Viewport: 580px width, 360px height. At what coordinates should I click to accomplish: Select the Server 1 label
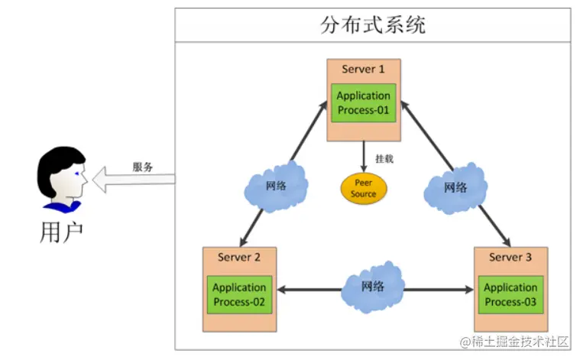point(364,69)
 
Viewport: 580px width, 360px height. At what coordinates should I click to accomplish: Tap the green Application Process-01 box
point(364,103)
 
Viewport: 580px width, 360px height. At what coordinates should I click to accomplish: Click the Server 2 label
point(239,257)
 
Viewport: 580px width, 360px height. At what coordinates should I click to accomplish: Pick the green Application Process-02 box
point(239,294)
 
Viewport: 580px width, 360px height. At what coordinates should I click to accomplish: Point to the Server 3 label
point(510,257)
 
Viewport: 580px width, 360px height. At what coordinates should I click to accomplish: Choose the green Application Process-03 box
point(510,294)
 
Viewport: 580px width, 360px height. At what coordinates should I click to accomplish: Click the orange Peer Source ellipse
point(364,188)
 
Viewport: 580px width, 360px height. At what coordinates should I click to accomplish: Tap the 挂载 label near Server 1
point(384,159)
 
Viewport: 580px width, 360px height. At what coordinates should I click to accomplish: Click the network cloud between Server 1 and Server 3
point(456,186)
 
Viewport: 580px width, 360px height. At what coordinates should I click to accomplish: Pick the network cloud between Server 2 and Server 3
point(373,287)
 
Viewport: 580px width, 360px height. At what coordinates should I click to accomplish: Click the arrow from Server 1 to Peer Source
point(364,157)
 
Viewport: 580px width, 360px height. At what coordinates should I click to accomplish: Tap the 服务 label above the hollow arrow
point(143,167)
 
